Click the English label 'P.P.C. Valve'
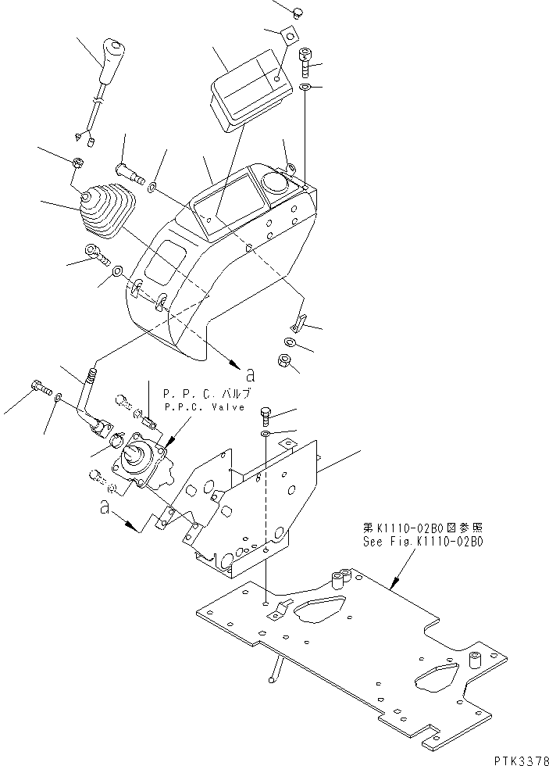click(205, 407)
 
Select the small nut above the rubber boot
click(79, 163)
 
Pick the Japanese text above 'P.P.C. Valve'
click(206, 394)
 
